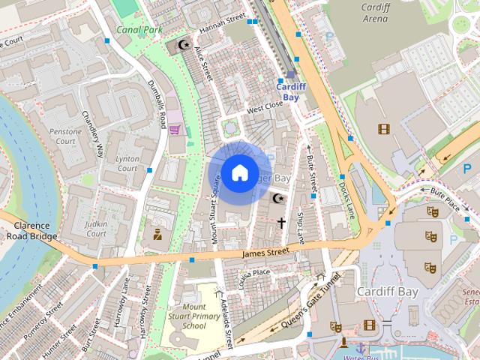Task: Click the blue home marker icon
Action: point(239,172)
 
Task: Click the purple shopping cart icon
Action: point(175,129)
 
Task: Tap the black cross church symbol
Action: point(282,223)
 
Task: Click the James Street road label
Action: point(265,254)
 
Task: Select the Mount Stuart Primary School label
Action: point(193,316)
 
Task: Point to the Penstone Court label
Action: point(64,136)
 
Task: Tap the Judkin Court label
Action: point(97,229)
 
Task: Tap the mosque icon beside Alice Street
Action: point(182,46)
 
